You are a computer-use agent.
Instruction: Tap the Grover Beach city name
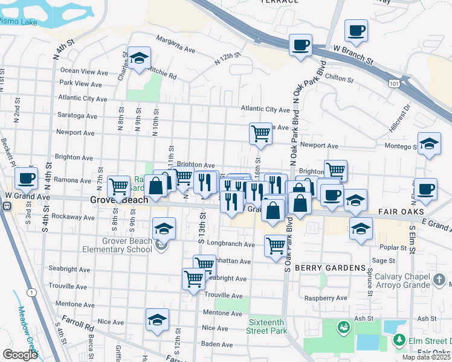point(115,199)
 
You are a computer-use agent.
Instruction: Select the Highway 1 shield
point(30,292)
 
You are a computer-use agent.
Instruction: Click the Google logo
point(20,354)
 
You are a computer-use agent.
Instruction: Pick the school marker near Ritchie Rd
point(140,58)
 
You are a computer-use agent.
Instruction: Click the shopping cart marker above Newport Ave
point(260,133)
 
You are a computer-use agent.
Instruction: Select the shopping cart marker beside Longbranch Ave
point(276,246)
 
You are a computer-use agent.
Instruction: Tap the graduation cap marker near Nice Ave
point(157,319)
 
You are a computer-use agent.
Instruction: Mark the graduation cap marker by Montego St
point(429,143)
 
